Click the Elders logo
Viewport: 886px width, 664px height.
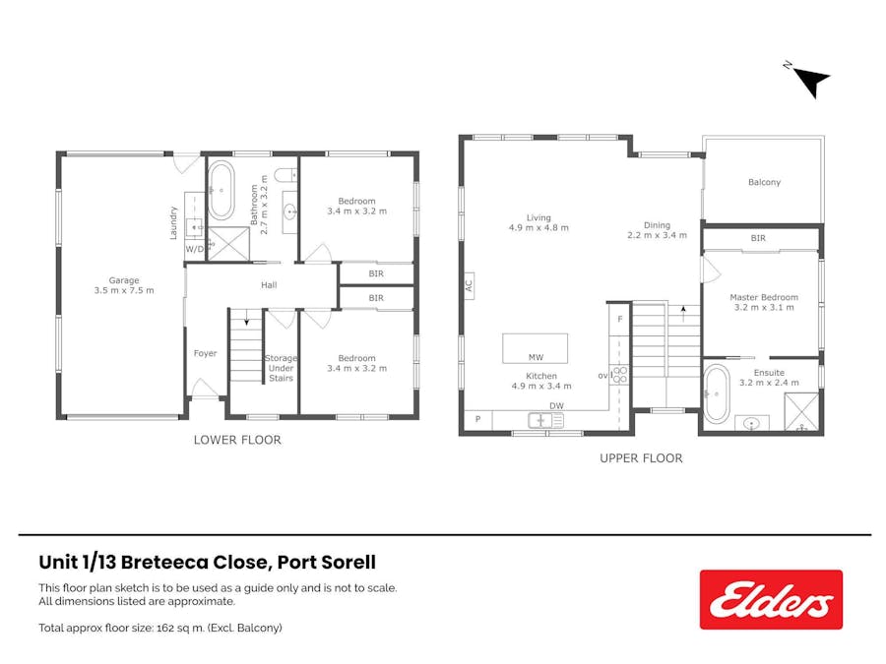tap(771, 599)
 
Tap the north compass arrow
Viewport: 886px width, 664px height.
tap(811, 80)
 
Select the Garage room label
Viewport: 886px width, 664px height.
tap(124, 280)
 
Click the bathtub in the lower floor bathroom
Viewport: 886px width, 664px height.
tap(221, 190)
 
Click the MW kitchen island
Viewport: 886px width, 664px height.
tap(535, 349)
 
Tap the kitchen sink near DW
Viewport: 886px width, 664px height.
tap(545, 420)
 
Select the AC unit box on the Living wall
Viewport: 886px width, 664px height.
tap(469, 286)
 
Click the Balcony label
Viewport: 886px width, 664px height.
tap(764, 182)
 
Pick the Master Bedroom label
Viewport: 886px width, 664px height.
tap(764, 297)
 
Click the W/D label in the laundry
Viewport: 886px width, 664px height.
tap(195, 249)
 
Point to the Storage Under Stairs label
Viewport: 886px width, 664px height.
tap(281, 368)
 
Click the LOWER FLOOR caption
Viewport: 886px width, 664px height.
tap(237, 440)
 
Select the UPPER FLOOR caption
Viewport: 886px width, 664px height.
tap(641, 458)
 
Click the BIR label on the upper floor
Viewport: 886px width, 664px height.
tap(758, 238)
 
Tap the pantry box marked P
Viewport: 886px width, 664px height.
tap(478, 419)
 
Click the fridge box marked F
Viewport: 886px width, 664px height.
tap(619, 320)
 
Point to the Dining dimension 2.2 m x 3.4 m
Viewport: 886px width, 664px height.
tap(659, 235)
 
